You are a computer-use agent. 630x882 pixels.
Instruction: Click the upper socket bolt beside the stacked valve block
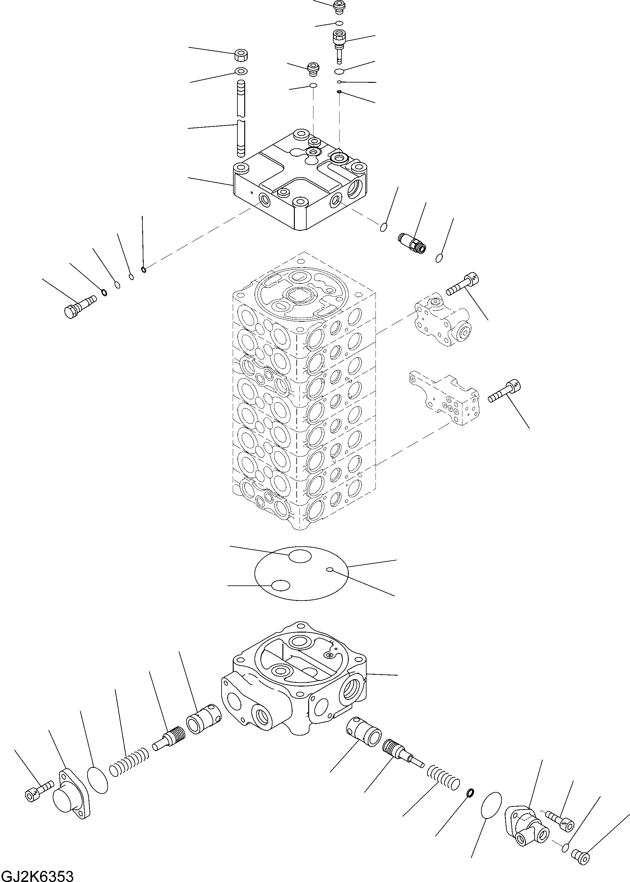[x=463, y=284]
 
